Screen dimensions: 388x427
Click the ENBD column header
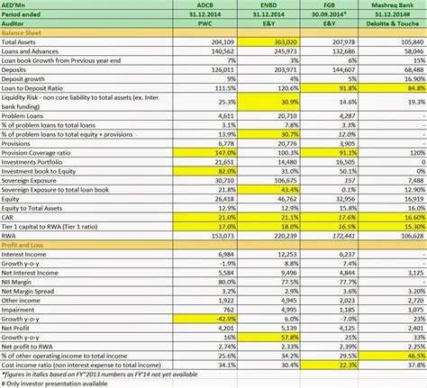(268, 6)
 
